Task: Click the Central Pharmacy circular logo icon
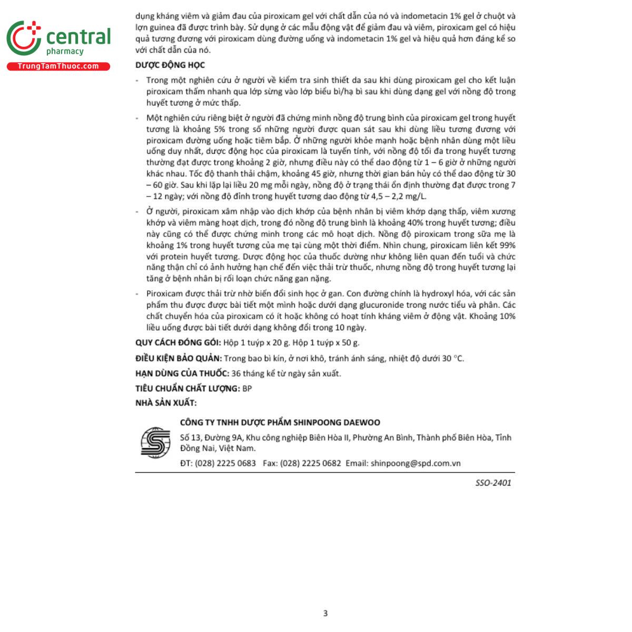(x=24, y=38)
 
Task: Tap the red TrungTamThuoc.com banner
(x=58, y=66)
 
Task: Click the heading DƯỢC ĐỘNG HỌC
(x=170, y=65)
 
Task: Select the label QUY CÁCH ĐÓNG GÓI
(x=178, y=343)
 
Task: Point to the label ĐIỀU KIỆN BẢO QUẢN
(x=179, y=359)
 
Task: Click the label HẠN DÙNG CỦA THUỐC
(x=182, y=373)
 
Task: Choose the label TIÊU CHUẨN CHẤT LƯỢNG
(x=187, y=389)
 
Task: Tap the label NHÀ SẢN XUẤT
(x=165, y=403)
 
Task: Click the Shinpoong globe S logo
(x=155, y=442)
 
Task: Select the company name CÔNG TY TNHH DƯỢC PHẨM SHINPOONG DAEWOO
(x=280, y=422)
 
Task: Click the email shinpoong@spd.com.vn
(x=416, y=463)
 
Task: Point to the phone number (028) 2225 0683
(x=225, y=463)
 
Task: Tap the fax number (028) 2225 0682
(x=310, y=463)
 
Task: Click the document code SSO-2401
(x=493, y=482)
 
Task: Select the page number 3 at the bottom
(x=325, y=613)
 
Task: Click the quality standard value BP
(x=247, y=389)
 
